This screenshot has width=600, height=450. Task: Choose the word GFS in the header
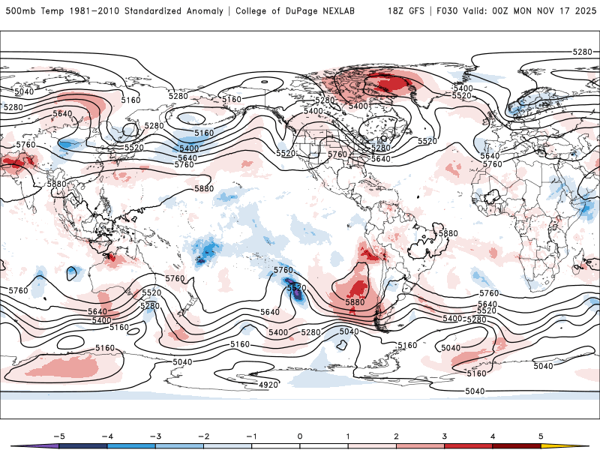(416, 11)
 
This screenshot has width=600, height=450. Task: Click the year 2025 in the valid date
(580, 11)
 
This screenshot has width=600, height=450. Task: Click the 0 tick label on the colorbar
(299, 435)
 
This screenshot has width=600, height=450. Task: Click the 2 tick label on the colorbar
(397, 435)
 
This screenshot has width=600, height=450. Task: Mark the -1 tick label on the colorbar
(250, 435)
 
